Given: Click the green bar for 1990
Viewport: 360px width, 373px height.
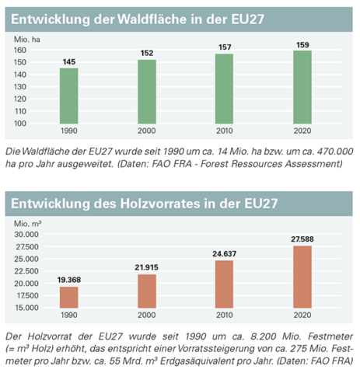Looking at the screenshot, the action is pos(69,96).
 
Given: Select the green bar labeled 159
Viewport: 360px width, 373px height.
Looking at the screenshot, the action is pos(302,87).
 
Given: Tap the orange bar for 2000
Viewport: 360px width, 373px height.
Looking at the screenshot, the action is pos(147,291).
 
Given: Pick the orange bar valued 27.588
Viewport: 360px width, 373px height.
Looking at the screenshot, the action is pos(302,277).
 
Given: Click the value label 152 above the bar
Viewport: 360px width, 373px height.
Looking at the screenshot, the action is pos(147,53).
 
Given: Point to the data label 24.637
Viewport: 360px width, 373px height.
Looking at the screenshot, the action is pos(225,254).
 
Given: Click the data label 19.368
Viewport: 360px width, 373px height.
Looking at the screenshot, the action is pos(69,280).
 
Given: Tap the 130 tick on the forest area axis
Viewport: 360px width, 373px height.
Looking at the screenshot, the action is pos(20,87).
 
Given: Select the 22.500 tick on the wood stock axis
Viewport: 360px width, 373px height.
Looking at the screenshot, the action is pos(26,271).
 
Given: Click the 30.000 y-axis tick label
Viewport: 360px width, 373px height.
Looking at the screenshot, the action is pos(26,235).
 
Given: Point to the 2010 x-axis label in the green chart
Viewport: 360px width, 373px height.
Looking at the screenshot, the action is pos(225,131).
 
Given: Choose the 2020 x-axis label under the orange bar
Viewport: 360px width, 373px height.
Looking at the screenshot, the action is pos(302,315).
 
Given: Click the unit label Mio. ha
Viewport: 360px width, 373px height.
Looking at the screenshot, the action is pos(27,40).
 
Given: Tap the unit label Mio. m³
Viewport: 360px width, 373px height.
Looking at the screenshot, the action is pos(27,224).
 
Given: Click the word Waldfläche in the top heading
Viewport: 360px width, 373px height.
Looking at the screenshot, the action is pos(152,19).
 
